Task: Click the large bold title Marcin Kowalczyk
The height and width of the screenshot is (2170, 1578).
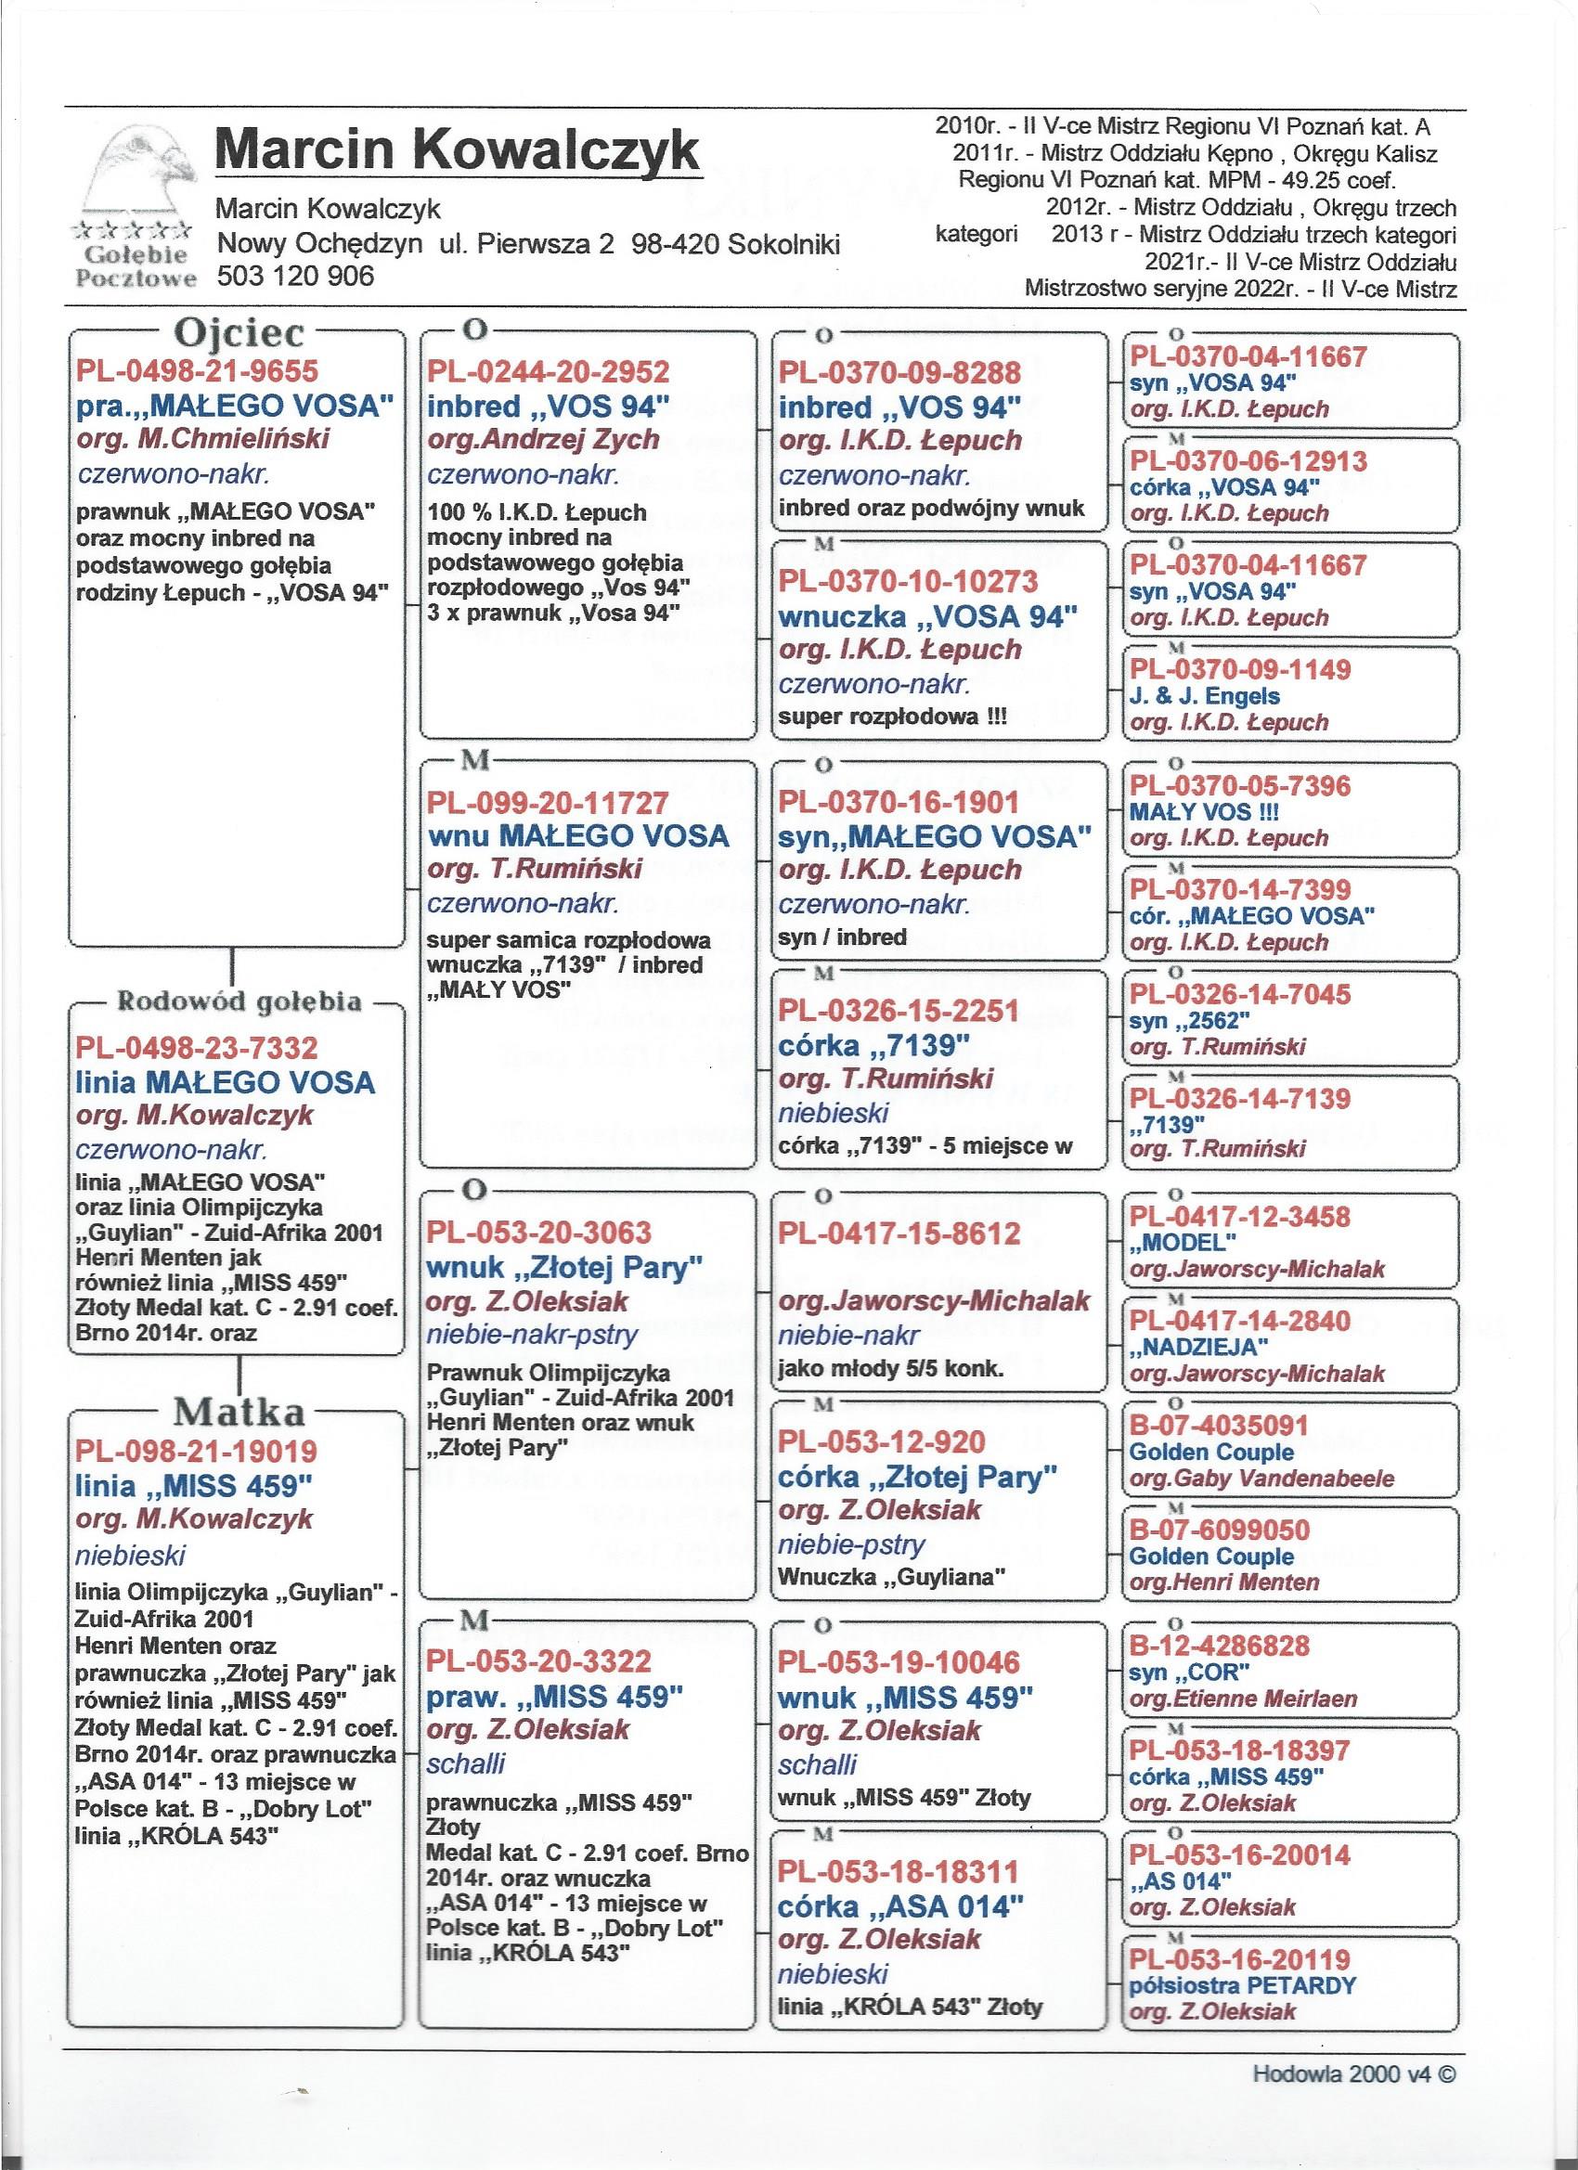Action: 458,151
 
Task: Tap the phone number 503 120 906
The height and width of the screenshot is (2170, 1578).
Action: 297,277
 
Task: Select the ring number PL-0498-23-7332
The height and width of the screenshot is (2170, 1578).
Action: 196,1049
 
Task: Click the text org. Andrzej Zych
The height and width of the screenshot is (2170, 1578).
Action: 543,439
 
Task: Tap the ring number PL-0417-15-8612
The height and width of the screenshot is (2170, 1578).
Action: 899,1234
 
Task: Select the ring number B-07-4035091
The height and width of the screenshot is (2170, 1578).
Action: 1219,1426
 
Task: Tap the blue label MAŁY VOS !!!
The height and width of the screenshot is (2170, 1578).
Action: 1204,812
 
